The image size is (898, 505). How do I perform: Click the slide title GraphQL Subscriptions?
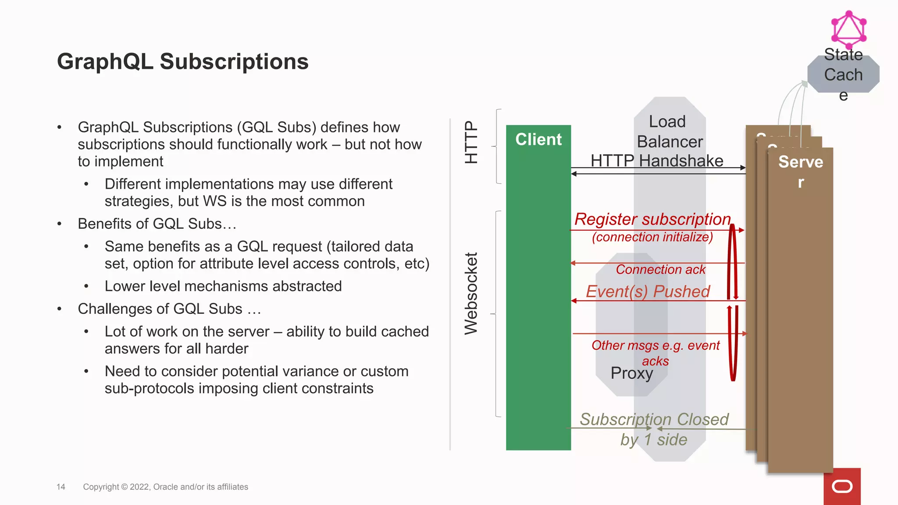(x=182, y=61)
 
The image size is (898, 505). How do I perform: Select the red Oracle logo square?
(x=842, y=487)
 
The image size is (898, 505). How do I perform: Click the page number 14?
(x=61, y=487)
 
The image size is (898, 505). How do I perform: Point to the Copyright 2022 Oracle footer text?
(x=165, y=487)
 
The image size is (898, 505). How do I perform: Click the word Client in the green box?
(x=538, y=139)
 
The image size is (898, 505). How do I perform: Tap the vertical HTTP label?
(x=471, y=142)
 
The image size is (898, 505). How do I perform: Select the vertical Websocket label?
(x=471, y=293)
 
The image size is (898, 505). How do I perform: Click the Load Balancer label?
(x=669, y=132)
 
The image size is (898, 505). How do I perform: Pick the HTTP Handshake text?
(x=656, y=160)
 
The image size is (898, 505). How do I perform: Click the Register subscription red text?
(x=652, y=219)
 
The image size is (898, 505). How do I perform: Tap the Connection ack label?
(x=660, y=269)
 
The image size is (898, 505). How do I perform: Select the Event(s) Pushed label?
(x=648, y=292)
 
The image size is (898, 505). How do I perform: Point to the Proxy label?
(x=631, y=373)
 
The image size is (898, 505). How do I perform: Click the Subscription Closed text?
(x=654, y=420)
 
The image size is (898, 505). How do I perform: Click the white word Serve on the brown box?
(x=800, y=162)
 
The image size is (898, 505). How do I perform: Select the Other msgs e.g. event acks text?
(x=655, y=352)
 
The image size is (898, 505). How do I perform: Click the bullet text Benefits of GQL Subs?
(x=157, y=224)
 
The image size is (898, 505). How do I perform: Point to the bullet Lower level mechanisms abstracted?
(x=223, y=286)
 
